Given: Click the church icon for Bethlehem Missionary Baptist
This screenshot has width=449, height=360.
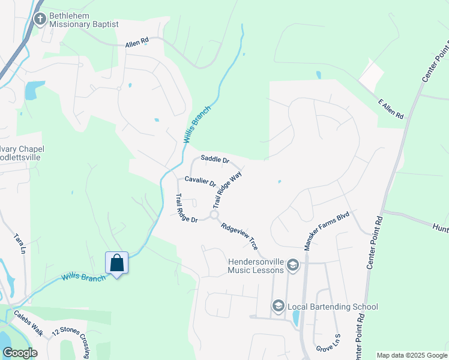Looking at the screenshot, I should [40, 19].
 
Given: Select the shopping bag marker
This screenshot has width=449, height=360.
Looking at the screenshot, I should [116, 263].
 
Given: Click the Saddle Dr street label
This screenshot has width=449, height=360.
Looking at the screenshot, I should [215, 160].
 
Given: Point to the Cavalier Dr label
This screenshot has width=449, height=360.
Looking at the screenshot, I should [200, 180].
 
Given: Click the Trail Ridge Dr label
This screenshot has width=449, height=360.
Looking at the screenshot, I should [185, 209].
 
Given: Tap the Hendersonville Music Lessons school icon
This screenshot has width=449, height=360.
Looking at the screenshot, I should [292, 265].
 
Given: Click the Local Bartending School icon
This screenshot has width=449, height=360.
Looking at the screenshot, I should [278, 307].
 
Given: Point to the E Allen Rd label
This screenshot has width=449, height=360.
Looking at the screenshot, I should [390, 108].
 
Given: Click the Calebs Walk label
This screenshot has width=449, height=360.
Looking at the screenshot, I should [26, 323].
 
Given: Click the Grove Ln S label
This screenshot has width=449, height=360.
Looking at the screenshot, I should [328, 343].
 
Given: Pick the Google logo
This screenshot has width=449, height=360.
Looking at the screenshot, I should [20, 353].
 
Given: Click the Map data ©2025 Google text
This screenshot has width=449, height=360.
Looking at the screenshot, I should [412, 355].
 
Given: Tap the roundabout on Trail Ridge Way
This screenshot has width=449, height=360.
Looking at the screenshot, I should [214, 215].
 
